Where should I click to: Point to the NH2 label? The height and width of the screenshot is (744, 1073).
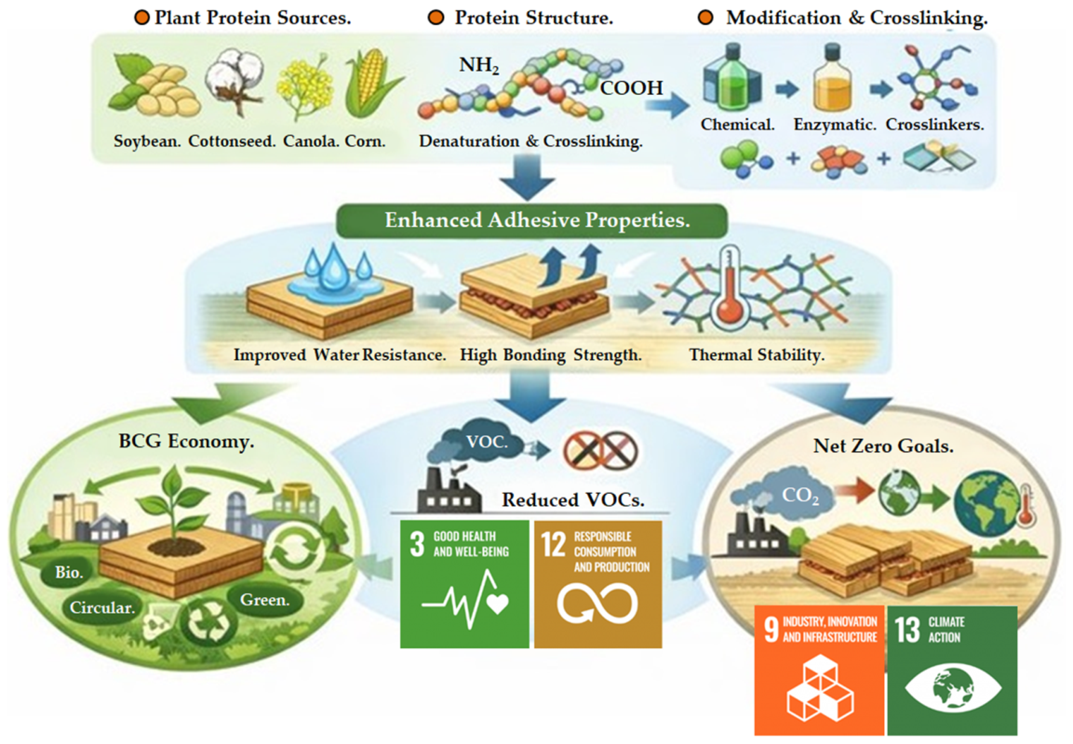coord(479,66)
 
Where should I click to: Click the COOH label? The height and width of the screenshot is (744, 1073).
coord(632,87)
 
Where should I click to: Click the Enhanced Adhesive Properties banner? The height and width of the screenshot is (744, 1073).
coord(531,220)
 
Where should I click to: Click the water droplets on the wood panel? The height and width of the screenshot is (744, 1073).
coord(333,272)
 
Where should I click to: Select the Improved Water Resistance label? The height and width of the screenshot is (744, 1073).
coord(340,355)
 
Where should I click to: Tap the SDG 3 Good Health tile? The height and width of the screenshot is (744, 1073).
coord(464,583)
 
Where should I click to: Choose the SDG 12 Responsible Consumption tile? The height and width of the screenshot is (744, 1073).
coord(597,583)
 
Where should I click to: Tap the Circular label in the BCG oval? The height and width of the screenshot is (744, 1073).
coord(102,607)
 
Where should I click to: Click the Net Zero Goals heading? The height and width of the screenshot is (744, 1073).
coord(883,446)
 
